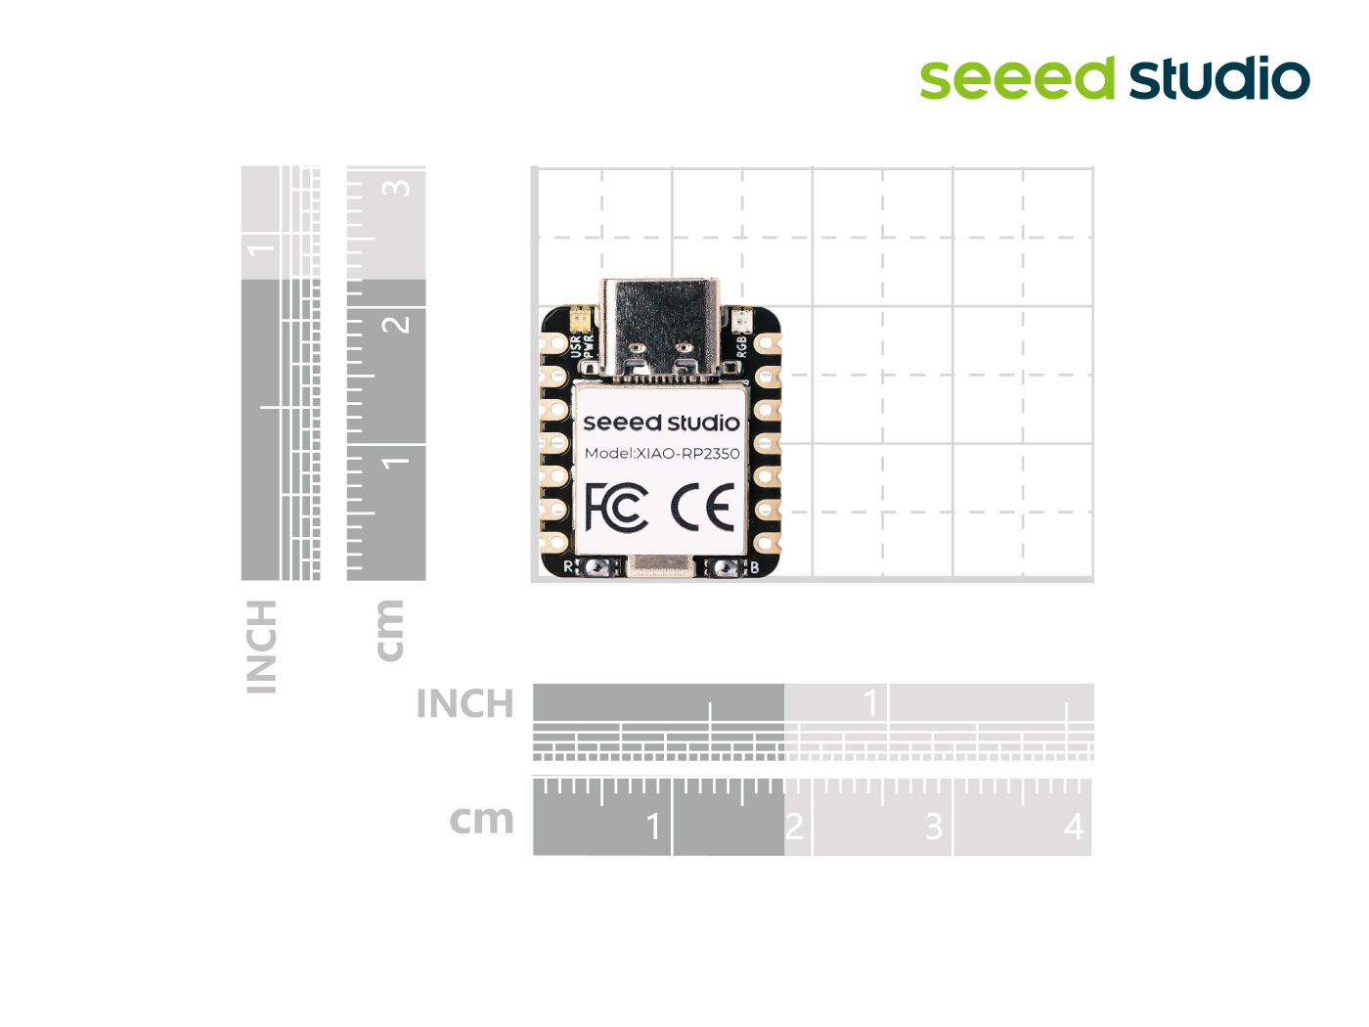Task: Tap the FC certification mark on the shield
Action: click(616, 507)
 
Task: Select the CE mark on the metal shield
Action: click(702, 507)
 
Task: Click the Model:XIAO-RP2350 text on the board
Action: click(661, 453)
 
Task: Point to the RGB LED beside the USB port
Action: click(740, 319)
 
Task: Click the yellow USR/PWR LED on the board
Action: click(579, 318)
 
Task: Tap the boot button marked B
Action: click(725, 566)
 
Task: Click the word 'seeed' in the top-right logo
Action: click(1017, 78)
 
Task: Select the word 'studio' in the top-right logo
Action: click(1219, 78)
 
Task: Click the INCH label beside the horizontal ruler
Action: click(464, 703)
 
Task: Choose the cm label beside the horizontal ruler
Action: click(481, 820)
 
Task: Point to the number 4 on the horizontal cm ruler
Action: click(1074, 827)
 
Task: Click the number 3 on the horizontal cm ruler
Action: click(934, 827)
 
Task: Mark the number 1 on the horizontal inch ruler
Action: click(871, 701)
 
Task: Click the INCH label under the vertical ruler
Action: click(262, 647)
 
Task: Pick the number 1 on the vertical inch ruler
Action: click(259, 246)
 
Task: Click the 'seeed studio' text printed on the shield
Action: click(661, 423)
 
